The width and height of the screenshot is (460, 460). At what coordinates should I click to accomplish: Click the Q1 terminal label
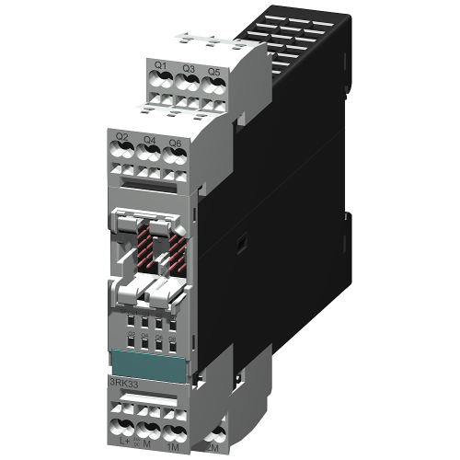coord(161,65)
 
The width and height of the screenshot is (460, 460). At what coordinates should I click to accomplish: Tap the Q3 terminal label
coord(188,68)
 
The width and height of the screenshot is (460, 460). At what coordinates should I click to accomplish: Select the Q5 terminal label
coord(213,70)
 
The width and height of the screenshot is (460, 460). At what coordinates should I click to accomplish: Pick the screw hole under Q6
coord(178,161)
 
